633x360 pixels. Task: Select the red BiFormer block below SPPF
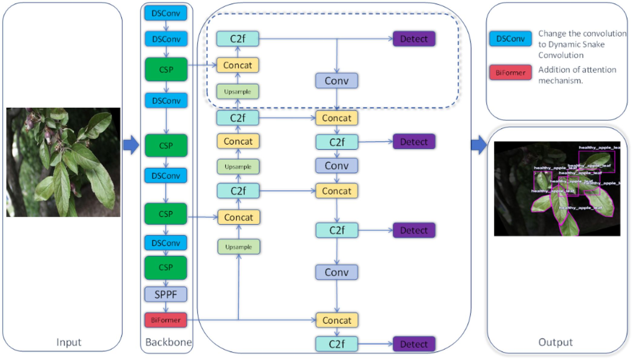click(166, 319)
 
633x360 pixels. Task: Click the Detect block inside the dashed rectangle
click(414, 38)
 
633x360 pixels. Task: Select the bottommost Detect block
click(414, 344)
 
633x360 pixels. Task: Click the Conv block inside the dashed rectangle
click(337, 81)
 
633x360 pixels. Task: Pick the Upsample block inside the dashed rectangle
click(238, 91)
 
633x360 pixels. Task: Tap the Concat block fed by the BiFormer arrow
click(337, 320)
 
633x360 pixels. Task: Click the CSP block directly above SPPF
click(166, 267)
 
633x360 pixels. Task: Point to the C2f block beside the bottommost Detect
click(337, 344)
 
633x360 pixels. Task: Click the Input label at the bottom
click(69, 343)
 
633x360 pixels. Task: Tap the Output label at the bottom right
click(555, 343)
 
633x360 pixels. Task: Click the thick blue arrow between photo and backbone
click(130, 147)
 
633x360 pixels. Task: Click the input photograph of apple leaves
click(63, 162)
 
